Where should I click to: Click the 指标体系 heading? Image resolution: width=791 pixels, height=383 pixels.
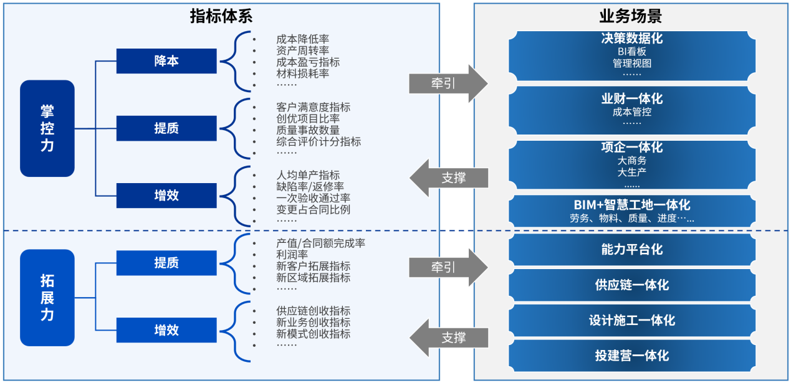(x=221, y=16)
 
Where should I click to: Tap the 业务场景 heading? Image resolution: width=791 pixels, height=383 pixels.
(x=631, y=16)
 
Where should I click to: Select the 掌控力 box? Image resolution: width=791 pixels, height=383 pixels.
(x=47, y=128)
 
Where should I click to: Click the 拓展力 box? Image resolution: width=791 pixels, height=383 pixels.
(x=47, y=298)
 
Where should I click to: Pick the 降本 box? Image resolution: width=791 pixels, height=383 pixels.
(x=166, y=61)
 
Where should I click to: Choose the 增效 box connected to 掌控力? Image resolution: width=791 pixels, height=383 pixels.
(x=166, y=196)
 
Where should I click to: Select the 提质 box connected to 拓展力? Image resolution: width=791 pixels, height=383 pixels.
(x=166, y=263)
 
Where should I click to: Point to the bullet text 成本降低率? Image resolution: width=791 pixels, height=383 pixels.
(x=302, y=39)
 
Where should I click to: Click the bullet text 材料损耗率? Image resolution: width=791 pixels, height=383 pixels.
(x=302, y=73)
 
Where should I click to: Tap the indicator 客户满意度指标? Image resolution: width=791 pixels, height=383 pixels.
(x=313, y=107)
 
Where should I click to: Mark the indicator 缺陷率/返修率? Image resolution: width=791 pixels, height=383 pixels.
(x=310, y=186)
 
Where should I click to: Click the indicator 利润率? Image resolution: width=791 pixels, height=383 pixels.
(x=292, y=255)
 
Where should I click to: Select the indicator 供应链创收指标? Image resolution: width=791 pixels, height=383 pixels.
(x=313, y=311)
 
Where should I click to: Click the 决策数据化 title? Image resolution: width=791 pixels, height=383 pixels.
(x=631, y=39)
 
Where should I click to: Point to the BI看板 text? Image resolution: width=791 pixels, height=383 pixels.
(x=631, y=52)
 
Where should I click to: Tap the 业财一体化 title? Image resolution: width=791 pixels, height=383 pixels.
(x=631, y=99)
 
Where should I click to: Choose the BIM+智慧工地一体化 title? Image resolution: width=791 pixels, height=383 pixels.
(x=631, y=205)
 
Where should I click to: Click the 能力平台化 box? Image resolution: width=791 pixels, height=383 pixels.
(x=631, y=250)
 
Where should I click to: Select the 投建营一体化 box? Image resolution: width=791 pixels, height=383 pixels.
(x=631, y=356)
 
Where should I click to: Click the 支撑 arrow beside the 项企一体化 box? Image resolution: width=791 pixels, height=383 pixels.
(x=449, y=177)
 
